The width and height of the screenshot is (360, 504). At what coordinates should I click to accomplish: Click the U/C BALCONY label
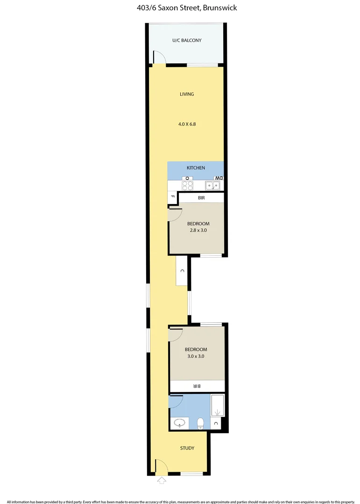click(x=187, y=40)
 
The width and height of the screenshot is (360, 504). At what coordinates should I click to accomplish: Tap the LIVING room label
click(x=187, y=94)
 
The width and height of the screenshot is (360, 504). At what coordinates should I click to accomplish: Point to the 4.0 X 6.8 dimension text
click(x=187, y=124)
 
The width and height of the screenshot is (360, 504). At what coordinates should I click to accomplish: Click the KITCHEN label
click(x=196, y=168)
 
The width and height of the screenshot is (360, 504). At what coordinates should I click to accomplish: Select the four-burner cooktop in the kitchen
click(x=188, y=185)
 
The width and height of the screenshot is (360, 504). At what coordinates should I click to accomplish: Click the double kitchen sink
click(x=213, y=186)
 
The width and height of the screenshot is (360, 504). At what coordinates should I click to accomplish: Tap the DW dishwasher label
click(x=219, y=178)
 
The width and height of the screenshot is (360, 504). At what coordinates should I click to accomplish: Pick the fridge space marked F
click(x=172, y=197)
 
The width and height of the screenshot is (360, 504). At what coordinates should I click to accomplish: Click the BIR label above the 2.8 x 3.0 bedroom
click(x=201, y=198)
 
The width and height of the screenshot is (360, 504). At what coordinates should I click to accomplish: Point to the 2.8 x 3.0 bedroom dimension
click(x=198, y=230)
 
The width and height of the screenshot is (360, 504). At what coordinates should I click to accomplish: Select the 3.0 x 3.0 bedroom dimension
click(x=196, y=356)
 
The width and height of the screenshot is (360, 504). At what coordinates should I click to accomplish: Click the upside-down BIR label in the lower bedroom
click(x=197, y=386)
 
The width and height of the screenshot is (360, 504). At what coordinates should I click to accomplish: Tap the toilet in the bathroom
click(x=200, y=423)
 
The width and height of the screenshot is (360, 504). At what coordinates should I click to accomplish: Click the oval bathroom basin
click(x=179, y=424)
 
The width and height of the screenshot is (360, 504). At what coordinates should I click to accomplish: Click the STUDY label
click(x=187, y=448)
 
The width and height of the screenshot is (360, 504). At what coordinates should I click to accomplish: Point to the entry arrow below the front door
click(x=162, y=480)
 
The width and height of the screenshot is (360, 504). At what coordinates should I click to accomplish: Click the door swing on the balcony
click(x=159, y=57)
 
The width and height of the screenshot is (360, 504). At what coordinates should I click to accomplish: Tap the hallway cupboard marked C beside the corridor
click(x=182, y=271)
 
